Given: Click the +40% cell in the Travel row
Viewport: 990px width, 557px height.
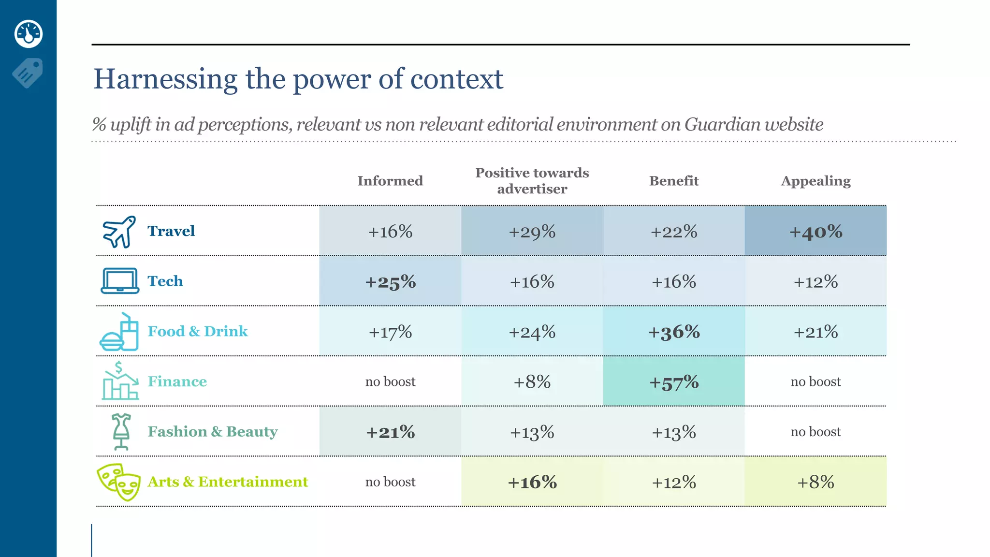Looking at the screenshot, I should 815,232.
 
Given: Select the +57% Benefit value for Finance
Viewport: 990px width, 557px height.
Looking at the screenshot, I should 673,382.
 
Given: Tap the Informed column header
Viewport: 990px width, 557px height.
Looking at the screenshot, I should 390,181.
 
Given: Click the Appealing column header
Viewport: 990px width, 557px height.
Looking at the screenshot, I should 815,181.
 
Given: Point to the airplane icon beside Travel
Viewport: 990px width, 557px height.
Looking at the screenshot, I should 119,232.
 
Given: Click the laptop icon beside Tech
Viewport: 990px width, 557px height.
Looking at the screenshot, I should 120,281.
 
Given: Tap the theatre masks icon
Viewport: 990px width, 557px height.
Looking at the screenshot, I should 119,482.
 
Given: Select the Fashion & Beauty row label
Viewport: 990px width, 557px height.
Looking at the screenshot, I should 212,431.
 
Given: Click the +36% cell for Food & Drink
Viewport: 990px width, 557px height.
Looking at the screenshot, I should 673,332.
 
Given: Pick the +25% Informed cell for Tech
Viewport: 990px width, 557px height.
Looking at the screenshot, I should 390,282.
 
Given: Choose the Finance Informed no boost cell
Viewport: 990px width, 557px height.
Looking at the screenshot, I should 390,382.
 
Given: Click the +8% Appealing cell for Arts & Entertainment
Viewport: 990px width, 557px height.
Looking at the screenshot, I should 815,482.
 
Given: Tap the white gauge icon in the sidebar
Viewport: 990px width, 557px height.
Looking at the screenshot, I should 29,34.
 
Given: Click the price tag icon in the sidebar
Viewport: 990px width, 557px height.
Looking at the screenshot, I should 28,73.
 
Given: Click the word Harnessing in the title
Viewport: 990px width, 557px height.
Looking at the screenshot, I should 165,79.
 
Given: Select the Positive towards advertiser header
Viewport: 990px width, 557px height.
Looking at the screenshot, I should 532,181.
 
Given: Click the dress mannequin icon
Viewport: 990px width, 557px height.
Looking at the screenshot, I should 121,431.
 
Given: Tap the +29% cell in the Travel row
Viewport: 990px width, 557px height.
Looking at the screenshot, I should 532,232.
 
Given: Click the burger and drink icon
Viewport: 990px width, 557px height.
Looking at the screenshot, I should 119,332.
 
